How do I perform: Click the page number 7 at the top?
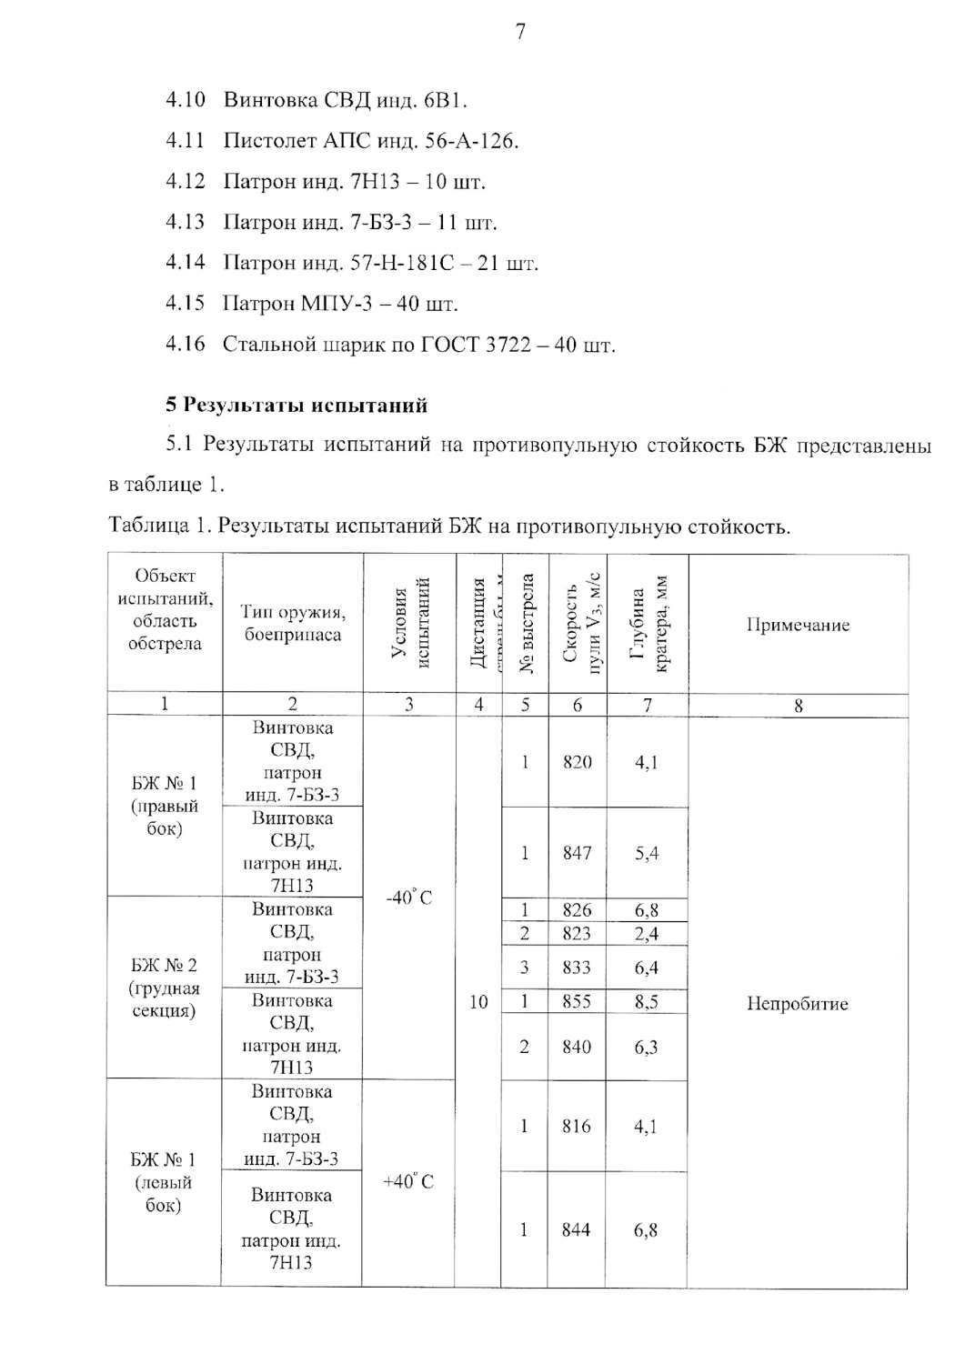click(520, 32)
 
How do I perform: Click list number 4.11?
click(186, 140)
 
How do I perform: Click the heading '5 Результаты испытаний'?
click(297, 406)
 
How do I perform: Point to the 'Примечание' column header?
click(798, 625)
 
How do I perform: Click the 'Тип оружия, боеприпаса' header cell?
click(293, 623)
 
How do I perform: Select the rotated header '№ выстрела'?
click(526, 624)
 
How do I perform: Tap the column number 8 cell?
click(798, 706)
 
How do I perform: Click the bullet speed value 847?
click(577, 853)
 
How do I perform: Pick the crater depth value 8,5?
click(646, 1002)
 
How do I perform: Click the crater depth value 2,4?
click(646, 934)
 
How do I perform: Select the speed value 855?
click(577, 1002)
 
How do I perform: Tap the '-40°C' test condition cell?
click(409, 898)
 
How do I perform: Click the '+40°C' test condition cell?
click(408, 1181)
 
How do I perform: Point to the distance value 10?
click(478, 1002)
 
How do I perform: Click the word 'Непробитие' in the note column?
click(797, 1004)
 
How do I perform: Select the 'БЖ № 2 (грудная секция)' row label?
click(164, 988)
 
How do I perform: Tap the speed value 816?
click(577, 1126)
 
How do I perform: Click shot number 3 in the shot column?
click(525, 968)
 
